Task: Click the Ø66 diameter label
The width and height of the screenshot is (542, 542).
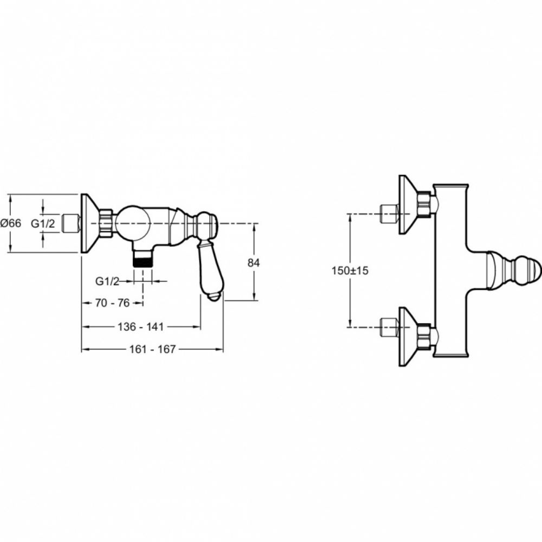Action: (x=11, y=223)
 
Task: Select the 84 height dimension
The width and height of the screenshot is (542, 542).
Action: (x=254, y=262)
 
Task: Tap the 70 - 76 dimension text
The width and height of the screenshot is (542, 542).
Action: (x=112, y=304)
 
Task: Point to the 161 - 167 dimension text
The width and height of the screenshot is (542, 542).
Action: (x=153, y=350)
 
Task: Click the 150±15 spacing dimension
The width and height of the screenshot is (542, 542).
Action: (x=350, y=270)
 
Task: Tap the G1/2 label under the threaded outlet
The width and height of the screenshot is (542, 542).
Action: (x=107, y=281)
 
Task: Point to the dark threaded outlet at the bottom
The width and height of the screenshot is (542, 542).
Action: (x=143, y=260)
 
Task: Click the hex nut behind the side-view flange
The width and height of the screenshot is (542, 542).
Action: (x=106, y=223)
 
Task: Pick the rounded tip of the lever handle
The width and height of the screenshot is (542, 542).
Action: (x=214, y=296)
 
